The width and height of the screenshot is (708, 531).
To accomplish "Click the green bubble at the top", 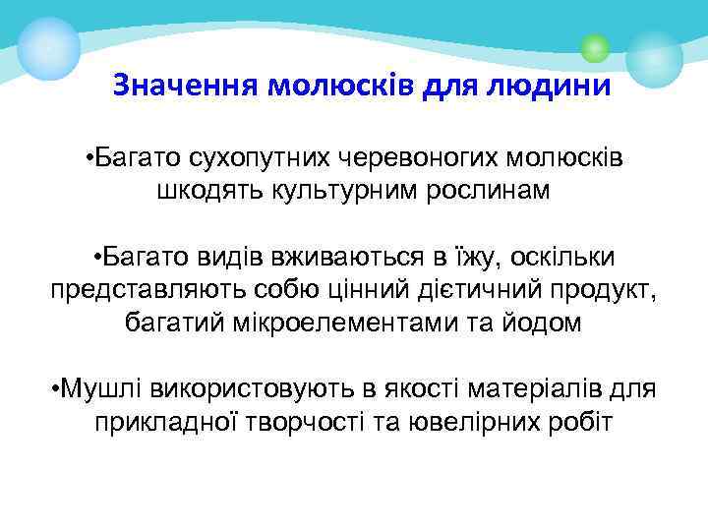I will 594,47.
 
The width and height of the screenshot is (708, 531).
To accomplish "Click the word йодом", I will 546,323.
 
